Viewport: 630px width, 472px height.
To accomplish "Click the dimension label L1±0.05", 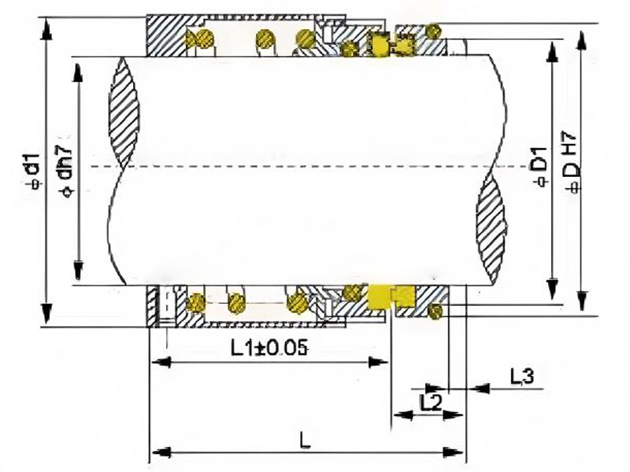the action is (x=269, y=348).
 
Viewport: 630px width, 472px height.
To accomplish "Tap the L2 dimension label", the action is (x=430, y=403).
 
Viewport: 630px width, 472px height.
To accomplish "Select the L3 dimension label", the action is (x=522, y=377).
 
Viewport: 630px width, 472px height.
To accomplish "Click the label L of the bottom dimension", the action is (x=306, y=441).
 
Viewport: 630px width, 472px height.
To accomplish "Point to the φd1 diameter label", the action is (x=33, y=170).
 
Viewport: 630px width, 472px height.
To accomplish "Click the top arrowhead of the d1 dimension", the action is (x=47, y=29).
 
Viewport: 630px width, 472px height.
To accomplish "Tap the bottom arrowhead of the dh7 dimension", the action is (x=79, y=270).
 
